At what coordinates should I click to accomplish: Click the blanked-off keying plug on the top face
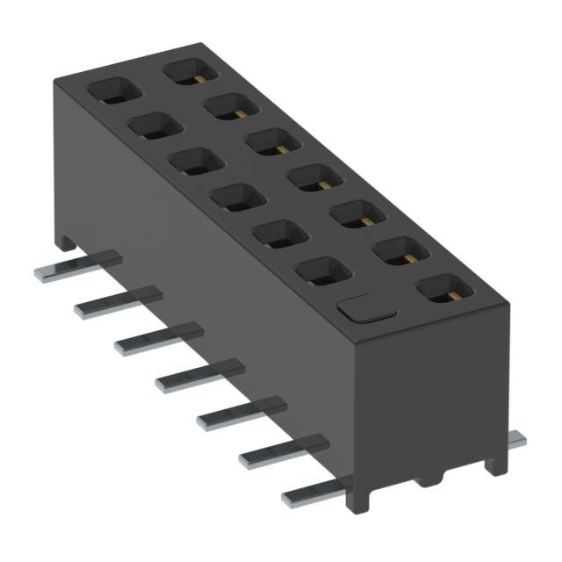(x=365, y=307)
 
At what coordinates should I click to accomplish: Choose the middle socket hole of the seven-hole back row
(x=315, y=177)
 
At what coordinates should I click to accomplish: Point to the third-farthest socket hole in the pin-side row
(x=195, y=161)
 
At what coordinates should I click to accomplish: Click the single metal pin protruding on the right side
(x=517, y=439)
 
